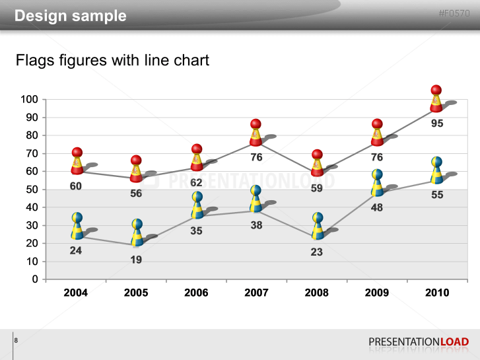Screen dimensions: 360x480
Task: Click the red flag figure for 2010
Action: pos(436,99)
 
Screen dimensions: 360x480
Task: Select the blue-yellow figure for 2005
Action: pos(137,233)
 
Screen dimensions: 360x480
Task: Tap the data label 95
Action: pos(437,124)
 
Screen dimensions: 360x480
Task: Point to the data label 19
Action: pos(136,260)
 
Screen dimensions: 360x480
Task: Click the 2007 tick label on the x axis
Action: pos(256,293)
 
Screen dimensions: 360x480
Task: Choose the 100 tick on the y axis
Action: pos(30,100)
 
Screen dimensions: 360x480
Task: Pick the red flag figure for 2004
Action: pos(77,162)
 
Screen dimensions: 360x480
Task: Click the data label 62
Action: pos(196,182)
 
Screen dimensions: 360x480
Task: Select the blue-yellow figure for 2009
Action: pos(377,183)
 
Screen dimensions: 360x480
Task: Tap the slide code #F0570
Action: pos(455,14)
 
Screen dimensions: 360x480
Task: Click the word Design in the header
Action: pos(40,16)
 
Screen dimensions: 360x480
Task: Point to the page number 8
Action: pos(16,340)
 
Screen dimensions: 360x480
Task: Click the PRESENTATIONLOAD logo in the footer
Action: pos(419,342)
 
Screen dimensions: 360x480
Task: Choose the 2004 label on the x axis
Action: pos(76,293)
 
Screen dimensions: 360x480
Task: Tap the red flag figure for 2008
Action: pos(317,164)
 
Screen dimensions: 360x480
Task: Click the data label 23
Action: pos(317,252)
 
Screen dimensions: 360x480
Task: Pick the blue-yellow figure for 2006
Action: pos(197,205)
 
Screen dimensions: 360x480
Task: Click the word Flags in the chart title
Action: pos(34,61)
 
